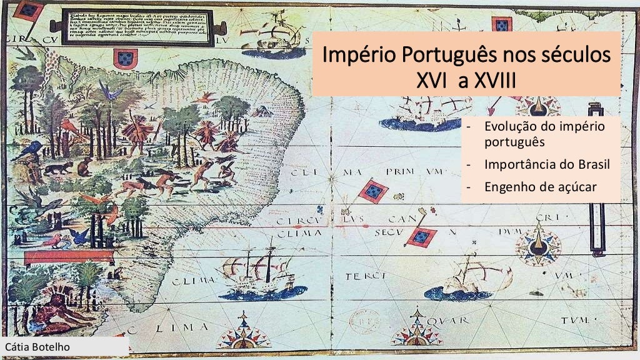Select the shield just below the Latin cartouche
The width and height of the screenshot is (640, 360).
125,59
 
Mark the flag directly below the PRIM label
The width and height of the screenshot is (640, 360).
374,191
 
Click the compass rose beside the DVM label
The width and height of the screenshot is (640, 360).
537,244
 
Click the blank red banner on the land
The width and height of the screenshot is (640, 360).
68,256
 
